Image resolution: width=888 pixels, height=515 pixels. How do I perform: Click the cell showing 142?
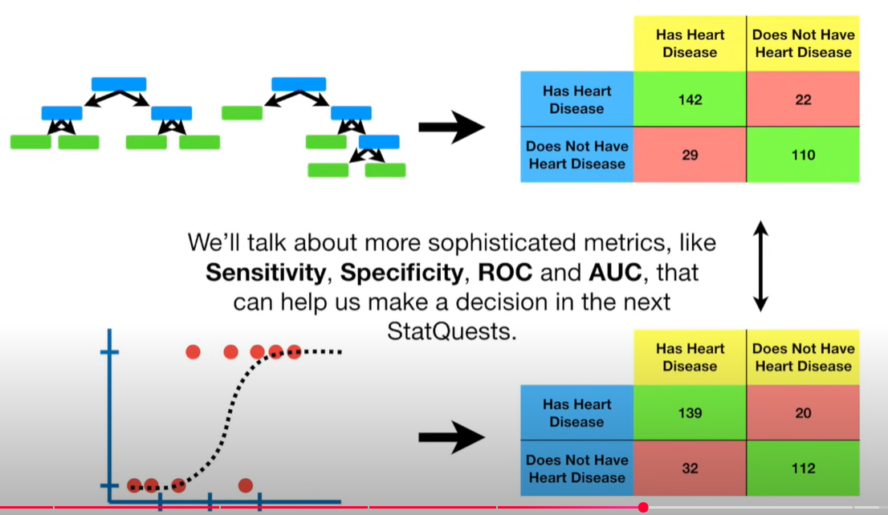coord(690,99)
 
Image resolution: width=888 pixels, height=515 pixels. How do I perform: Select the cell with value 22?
coord(803,99)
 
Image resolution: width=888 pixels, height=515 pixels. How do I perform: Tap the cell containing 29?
coord(690,155)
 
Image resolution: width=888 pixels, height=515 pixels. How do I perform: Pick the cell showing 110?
coord(803,155)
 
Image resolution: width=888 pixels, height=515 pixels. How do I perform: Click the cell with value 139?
coord(690,413)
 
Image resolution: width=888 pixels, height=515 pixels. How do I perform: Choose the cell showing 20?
coord(803,413)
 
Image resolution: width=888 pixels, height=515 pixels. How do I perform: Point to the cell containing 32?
coord(690,468)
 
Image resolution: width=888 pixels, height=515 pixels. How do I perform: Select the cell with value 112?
coord(803,468)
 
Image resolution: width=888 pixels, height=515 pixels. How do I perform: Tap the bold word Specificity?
coord(402,273)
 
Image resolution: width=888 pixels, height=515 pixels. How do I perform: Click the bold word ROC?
coord(506,273)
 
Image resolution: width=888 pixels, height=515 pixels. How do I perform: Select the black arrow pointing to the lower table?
coord(451,437)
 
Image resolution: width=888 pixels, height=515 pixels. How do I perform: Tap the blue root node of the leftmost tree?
coord(119,84)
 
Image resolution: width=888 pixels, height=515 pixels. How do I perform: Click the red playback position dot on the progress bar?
coord(643,507)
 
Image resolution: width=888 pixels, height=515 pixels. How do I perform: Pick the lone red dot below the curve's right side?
coord(246,485)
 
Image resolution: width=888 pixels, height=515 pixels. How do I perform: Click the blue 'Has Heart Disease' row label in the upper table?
coord(576,99)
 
